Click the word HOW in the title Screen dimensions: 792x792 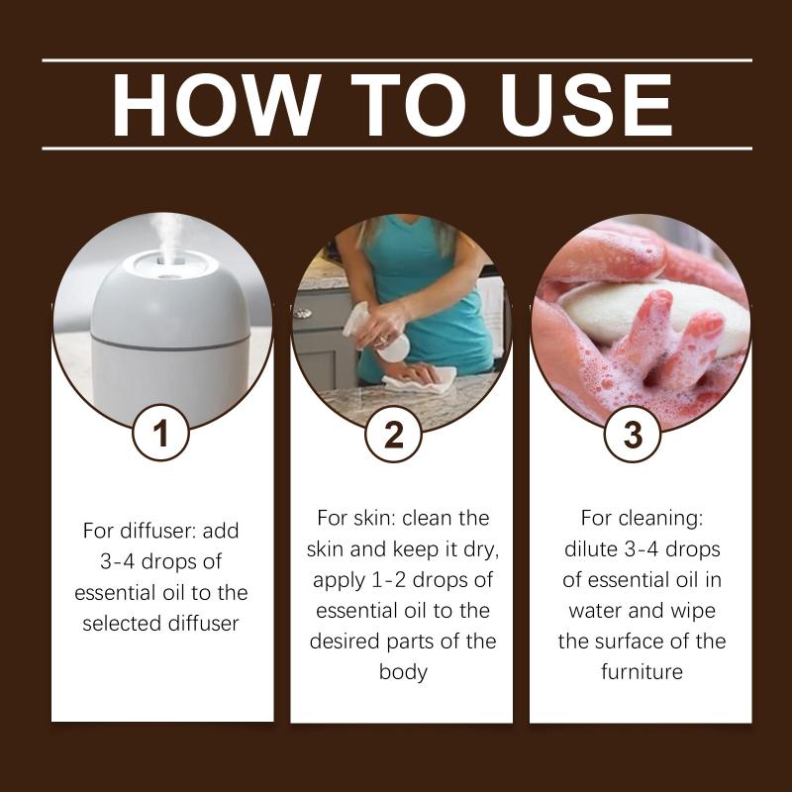[216, 105]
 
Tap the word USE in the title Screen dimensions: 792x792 [586, 105]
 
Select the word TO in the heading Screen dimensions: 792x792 [409, 105]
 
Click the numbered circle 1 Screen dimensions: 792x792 [161, 434]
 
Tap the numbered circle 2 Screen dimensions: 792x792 [394, 434]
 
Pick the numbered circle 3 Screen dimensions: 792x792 [633, 434]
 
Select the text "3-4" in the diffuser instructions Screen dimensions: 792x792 [117, 561]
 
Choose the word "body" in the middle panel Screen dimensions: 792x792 [403, 672]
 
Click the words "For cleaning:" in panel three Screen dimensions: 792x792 [642, 518]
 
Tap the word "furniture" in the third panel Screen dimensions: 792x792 [642, 672]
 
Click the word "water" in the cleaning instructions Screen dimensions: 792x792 [596, 611]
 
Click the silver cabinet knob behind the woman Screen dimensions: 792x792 [302, 313]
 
